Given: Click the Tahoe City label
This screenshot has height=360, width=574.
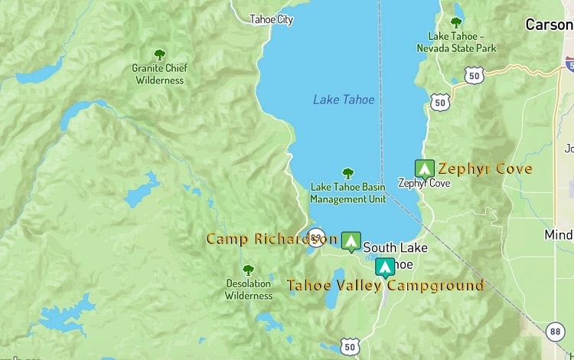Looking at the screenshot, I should tap(271, 20).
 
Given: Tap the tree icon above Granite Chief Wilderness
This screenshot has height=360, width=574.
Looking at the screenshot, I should tap(159, 55).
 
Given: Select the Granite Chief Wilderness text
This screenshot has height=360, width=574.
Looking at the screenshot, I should tap(159, 74).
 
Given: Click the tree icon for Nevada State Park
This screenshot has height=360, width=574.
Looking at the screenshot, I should tap(456, 23).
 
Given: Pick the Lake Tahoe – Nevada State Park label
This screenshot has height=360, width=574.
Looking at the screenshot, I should tap(456, 42).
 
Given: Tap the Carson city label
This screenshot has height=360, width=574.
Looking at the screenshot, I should tap(549, 25).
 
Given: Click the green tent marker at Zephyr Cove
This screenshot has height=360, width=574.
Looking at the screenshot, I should tap(424, 169).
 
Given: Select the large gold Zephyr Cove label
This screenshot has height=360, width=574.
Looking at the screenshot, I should tap(485, 169).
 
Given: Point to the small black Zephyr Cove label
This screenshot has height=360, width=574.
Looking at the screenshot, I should tap(424, 184).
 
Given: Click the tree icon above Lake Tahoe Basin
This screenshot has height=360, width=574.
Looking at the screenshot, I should tap(348, 174).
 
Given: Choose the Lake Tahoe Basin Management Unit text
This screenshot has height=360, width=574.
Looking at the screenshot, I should tap(347, 193).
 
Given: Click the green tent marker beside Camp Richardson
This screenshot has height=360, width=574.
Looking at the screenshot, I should tap(351, 241).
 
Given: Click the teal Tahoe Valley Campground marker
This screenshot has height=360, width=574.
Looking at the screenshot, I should tap(385, 267).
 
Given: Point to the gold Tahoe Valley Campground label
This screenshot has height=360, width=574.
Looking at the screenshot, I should tap(385, 286).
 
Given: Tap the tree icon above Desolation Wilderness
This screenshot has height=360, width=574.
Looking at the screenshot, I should tap(248, 270).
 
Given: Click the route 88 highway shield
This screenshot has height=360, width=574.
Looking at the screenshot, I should tap(556, 331).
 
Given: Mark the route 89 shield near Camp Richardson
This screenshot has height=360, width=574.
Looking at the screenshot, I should tap(315, 236).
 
